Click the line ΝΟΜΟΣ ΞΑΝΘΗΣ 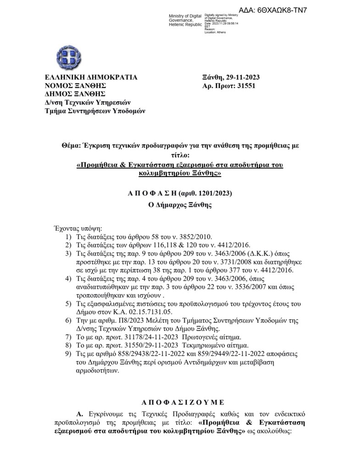pos(75,85)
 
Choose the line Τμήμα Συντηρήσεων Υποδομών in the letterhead pos(94,111)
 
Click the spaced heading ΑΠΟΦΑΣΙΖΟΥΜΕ pos(179,402)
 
